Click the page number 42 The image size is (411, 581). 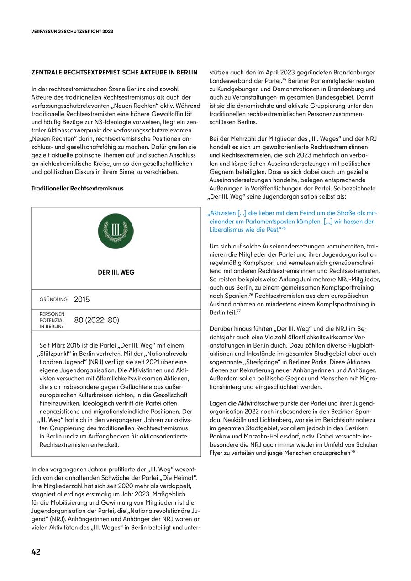click(x=36, y=552)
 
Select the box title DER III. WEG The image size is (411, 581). click(x=116, y=272)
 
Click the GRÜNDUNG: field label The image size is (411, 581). click(x=54, y=299)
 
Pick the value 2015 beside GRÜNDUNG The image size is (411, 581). click(x=82, y=300)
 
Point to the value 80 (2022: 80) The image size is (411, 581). click(x=96, y=320)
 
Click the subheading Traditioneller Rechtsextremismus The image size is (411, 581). click(x=77, y=188)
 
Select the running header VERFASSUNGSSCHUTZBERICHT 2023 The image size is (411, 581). click(x=72, y=32)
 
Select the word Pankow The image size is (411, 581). click(x=221, y=436)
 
